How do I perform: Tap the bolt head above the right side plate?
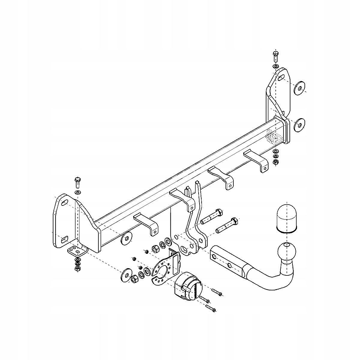pos(276,55)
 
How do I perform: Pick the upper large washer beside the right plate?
pos(299,87)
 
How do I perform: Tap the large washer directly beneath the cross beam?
pos(126,238)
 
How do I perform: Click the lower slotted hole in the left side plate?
pos(64,240)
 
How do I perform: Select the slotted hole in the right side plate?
pos(280,79)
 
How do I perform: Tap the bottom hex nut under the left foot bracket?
pos(77,268)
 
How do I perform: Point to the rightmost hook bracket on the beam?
pos(257,160)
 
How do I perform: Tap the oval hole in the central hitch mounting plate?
pos(183,249)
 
